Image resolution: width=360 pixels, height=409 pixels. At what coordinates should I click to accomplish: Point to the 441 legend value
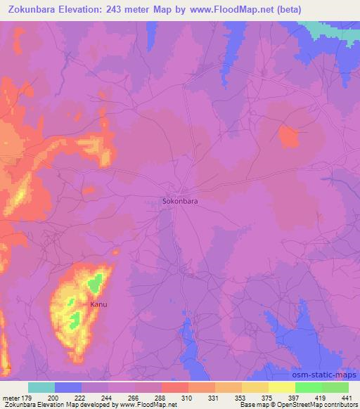pos(347,398)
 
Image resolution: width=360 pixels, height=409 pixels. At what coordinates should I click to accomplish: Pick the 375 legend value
pos(267,398)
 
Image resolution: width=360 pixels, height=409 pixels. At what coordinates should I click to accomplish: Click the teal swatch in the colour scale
pos(41,388)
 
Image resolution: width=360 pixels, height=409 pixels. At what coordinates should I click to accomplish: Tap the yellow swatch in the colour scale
pos(281,388)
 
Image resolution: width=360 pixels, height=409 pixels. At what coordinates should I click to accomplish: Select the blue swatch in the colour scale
pos(68,388)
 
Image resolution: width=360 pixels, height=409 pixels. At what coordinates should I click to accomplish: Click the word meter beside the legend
pos(9,398)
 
